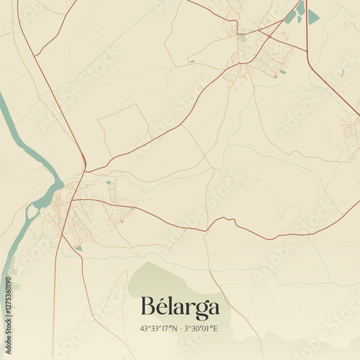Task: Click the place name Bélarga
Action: click(x=180, y=307)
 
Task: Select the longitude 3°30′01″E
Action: click(x=202, y=329)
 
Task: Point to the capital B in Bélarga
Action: click(x=148, y=307)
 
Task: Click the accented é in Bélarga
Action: click(x=162, y=307)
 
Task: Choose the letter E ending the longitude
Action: click(x=216, y=329)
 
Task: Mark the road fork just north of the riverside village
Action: click(x=85, y=171)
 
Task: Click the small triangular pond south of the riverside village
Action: click(x=79, y=248)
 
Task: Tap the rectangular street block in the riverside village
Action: click(x=112, y=192)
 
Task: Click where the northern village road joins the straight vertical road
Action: click(x=307, y=50)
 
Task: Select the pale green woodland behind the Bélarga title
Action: click(x=155, y=281)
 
